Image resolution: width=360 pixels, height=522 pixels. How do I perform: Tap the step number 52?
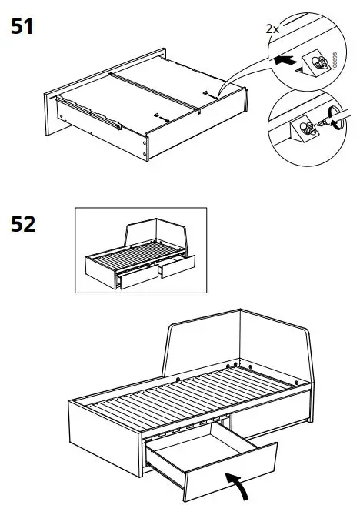coord(24,226)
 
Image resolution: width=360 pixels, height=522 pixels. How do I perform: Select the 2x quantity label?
coord(272,28)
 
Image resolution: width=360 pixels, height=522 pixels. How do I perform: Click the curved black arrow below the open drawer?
coord(238,484)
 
